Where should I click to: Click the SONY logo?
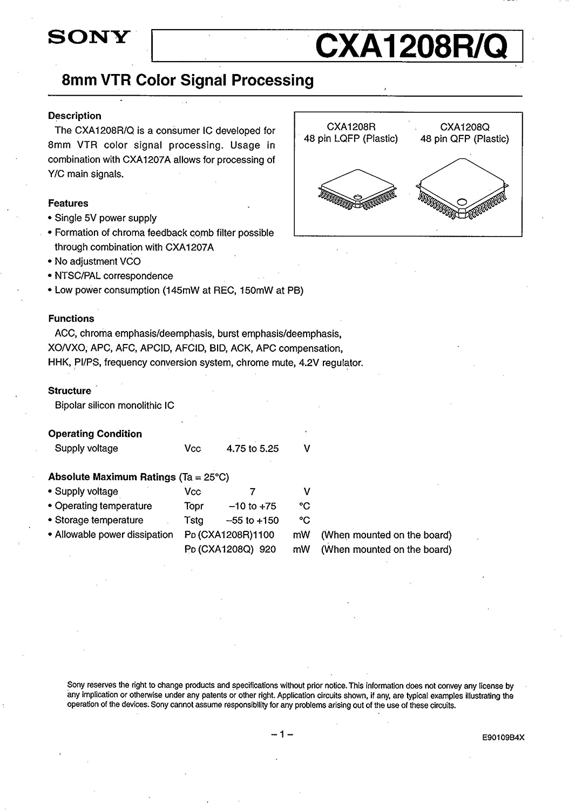click(89, 37)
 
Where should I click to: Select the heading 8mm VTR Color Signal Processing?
click(188, 80)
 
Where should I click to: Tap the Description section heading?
click(74, 116)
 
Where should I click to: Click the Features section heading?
click(68, 203)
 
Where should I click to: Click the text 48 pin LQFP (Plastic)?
click(351, 139)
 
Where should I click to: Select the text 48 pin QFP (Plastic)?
click(464, 139)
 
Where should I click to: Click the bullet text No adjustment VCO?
click(97, 261)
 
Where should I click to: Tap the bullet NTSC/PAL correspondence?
click(113, 276)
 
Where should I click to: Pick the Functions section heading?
click(71, 319)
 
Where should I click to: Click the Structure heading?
click(70, 390)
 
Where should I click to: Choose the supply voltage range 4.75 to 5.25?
click(253, 448)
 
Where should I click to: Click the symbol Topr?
click(194, 506)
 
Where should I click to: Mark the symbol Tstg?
click(194, 521)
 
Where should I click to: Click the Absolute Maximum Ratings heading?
click(112, 477)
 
